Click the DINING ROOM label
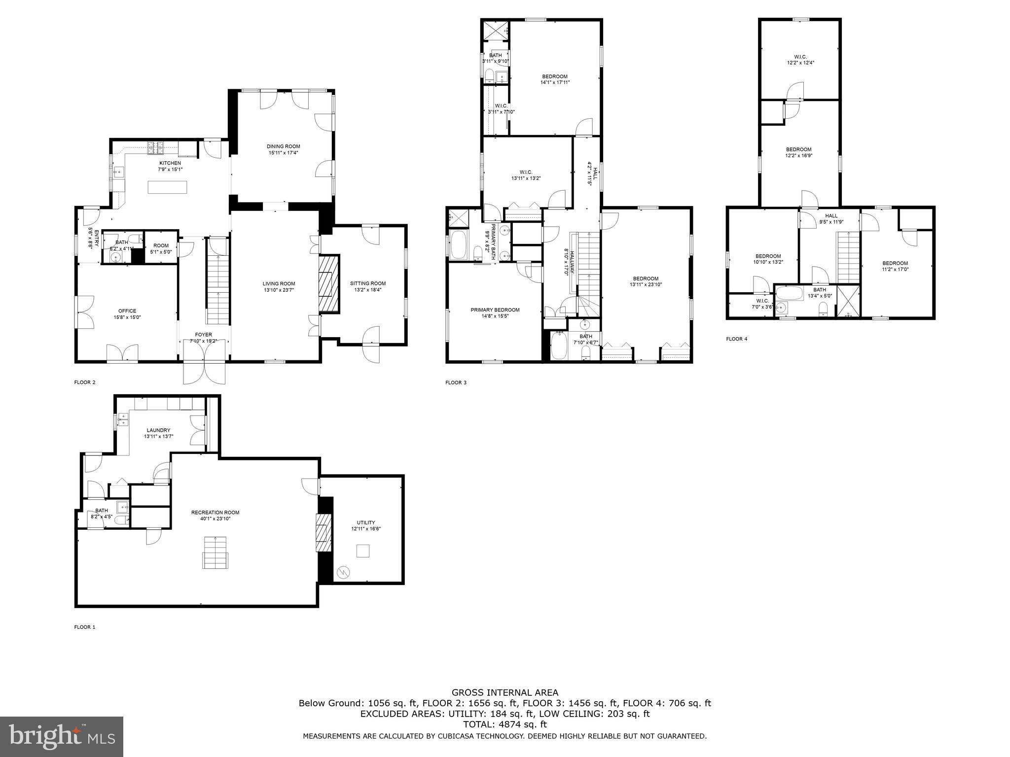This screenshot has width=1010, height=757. pyautogui.click(x=283, y=146)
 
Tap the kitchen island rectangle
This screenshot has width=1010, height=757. pyautogui.click(x=168, y=187)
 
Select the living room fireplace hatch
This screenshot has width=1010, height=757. pyautogui.click(x=328, y=283)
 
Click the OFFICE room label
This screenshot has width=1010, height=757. pyautogui.click(x=127, y=311)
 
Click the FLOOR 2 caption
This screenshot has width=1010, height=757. pyautogui.click(x=84, y=382)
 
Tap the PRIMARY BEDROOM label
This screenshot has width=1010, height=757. pyautogui.click(x=495, y=310)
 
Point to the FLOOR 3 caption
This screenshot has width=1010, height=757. pyautogui.click(x=456, y=382)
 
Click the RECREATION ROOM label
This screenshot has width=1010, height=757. pyautogui.click(x=215, y=513)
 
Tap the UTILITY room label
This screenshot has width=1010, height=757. pyautogui.click(x=366, y=522)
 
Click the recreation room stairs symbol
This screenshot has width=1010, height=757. pyautogui.click(x=216, y=552)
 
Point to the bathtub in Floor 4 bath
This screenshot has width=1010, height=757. pyautogui.click(x=791, y=295)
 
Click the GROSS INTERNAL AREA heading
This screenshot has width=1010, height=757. pyautogui.click(x=505, y=692)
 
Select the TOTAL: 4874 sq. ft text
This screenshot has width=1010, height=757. pyautogui.click(x=505, y=724)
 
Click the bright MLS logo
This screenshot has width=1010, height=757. pyautogui.click(x=62, y=736)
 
